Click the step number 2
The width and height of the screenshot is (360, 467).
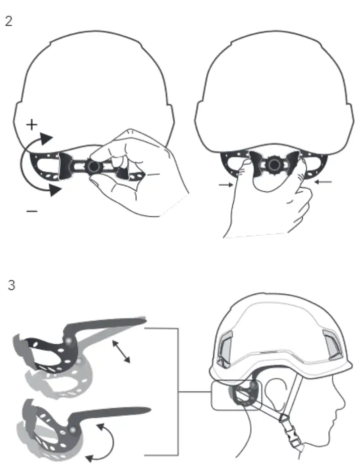point(9,21)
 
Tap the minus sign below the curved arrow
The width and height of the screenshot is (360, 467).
point(31,212)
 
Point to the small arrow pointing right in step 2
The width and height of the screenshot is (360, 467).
point(225,185)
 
